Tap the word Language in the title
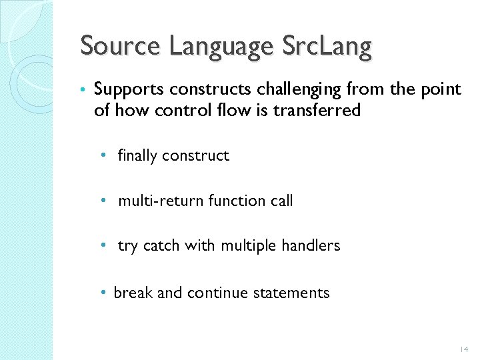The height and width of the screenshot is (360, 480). pos(220,47)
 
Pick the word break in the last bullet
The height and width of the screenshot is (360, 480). pos(132,293)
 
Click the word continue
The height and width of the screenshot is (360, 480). pos(216,293)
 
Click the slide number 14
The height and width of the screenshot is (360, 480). pos(464,349)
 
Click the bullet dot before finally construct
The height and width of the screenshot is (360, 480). pos(103,156)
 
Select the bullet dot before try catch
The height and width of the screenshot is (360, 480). pos(103,245)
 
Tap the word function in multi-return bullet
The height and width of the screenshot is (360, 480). pos(237,201)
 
